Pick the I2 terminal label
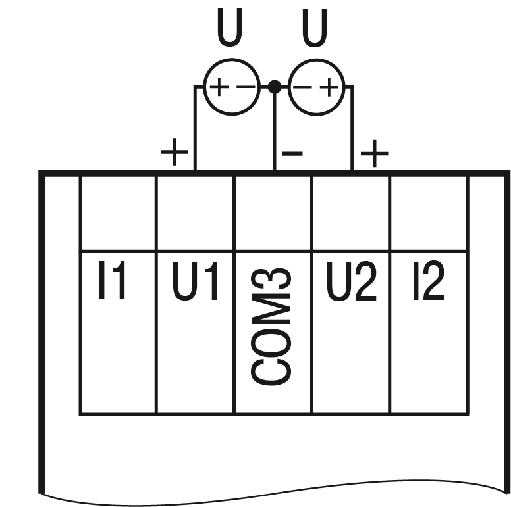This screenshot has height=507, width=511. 428,283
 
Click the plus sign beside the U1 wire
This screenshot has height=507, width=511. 175,154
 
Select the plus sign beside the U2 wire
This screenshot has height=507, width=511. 375,154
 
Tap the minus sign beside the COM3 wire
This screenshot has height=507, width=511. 292,154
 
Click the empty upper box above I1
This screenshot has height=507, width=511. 118,212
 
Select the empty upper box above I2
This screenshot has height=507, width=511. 429,212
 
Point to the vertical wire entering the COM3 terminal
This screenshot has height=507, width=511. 275,132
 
